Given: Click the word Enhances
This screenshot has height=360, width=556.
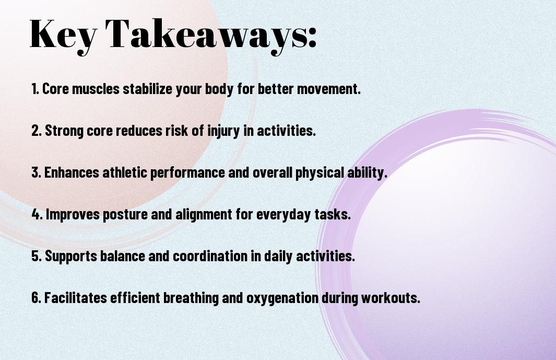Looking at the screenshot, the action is click(x=72, y=172).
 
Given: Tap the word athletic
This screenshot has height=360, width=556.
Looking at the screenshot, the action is click(x=125, y=172).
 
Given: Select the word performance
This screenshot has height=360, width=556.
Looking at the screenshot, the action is click(x=187, y=173).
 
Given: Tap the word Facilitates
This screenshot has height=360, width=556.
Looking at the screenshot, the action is click(x=76, y=297).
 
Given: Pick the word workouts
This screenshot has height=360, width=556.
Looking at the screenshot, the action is click(x=391, y=298).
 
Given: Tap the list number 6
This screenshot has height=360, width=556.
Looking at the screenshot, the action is click(x=36, y=297).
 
